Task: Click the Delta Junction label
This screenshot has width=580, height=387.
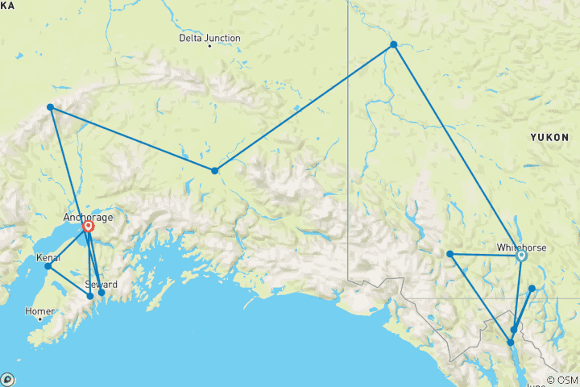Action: [209, 37]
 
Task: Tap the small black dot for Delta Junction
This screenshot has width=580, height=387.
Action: [209, 47]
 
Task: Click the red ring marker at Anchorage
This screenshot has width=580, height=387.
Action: [89, 227]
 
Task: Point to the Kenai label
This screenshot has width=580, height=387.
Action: [48, 258]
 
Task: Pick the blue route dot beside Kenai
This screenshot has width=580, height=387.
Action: [48, 266]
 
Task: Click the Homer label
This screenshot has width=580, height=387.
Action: [39, 310]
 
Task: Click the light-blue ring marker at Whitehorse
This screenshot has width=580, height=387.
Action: [521, 256]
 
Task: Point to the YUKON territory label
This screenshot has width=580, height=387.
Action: [549, 138]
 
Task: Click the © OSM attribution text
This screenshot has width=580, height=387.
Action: [562, 380]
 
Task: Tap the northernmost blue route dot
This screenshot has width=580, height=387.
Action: [393, 44]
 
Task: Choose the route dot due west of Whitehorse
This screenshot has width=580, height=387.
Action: [450, 255]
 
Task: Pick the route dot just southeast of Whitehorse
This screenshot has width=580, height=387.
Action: [532, 288]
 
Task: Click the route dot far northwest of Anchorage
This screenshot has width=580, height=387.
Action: [50, 106]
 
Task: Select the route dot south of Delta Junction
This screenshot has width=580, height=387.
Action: [214, 170]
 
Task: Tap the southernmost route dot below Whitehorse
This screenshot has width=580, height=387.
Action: [510, 343]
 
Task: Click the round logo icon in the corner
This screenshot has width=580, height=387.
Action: [7, 379]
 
